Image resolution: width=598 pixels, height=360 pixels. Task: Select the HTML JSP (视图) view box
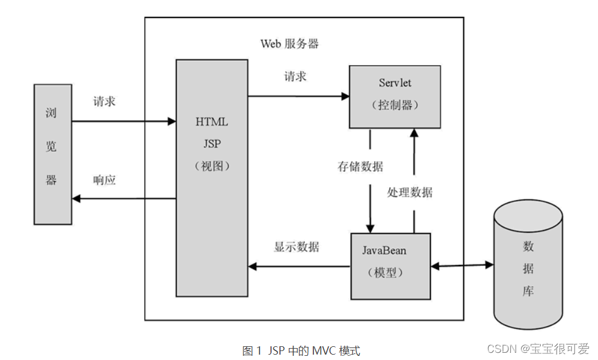[x=211, y=177]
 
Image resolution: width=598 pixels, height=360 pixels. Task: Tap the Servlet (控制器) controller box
[x=394, y=96]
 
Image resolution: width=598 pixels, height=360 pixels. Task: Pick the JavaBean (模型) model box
[x=390, y=266]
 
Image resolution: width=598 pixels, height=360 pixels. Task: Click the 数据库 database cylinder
[x=528, y=266]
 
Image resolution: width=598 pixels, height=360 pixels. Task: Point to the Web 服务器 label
[x=289, y=44]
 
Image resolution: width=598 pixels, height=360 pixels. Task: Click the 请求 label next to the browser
[x=104, y=101]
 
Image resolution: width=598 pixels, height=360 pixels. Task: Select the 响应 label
[x=104, y=180]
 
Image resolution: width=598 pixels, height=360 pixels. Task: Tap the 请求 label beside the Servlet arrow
[x=295, y=76]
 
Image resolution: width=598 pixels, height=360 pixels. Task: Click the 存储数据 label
[x=360, y=167]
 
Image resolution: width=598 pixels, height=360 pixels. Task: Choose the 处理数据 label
[x=409, y=192]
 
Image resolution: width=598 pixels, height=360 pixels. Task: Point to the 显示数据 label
[x=296, y=247]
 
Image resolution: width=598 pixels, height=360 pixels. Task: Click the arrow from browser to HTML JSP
[x=123, y=122]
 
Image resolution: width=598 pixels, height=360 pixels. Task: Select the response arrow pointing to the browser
[x=123, y=199]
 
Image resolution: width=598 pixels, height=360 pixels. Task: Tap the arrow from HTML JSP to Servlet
[x=298, y=96]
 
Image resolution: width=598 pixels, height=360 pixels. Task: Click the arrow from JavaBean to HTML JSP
[x=298, y=266]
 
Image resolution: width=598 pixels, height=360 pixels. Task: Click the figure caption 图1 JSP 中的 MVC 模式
[x=301, y=350]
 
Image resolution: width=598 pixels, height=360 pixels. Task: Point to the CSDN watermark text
[x=538, y=349]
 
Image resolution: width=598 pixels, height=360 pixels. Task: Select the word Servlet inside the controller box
[x=394, y=82]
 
